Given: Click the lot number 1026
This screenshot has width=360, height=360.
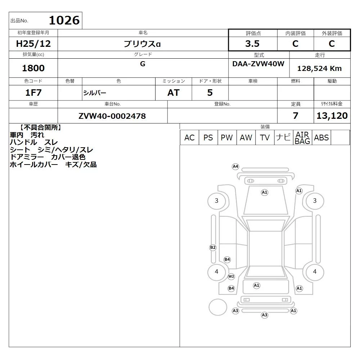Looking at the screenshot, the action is pos(64,20).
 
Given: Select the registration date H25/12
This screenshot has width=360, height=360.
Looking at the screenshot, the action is pos(33,44).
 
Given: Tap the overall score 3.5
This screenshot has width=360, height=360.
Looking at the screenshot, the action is pos(252,44).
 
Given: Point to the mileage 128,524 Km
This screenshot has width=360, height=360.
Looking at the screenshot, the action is pos(319,68).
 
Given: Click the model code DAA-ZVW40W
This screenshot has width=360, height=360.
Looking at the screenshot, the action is pos(258,64).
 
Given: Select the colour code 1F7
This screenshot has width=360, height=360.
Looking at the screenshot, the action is pos(33,93).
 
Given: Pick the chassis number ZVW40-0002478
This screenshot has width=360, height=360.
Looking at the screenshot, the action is pos(112,116).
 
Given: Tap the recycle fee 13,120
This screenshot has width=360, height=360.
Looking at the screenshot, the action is pos(332,116).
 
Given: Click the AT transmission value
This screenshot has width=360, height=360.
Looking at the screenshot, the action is pos(174,93).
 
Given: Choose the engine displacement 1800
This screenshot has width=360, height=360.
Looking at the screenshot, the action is pos(33,68).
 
